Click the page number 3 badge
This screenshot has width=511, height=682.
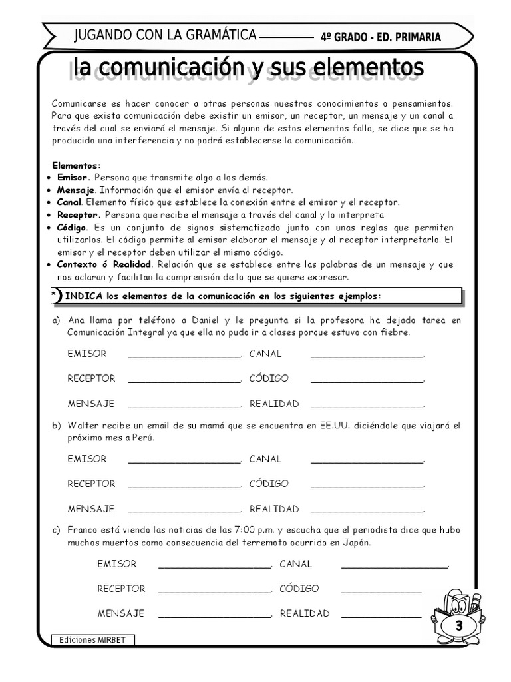459,627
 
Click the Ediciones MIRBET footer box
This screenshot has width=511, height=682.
92,640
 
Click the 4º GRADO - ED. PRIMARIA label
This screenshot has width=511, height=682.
381,37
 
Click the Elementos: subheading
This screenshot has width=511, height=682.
77,165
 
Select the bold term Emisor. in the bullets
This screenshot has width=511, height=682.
74,178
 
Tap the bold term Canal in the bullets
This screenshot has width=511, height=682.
69,202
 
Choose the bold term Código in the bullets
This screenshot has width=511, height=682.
72,228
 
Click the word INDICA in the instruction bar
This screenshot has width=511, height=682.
81,296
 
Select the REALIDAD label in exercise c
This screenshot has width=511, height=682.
304,613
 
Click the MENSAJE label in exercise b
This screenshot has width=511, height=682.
90,509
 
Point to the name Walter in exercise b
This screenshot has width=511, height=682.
83,426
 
